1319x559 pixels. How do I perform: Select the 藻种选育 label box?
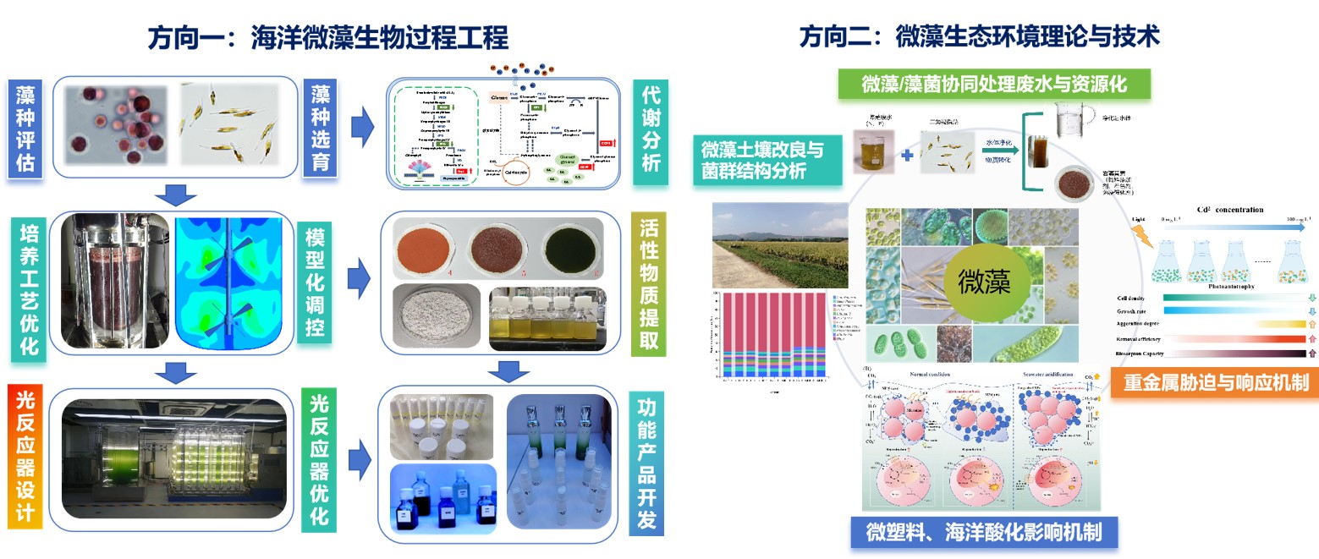tap(320, 127)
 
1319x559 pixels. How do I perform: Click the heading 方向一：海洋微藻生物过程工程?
tap(328, 38)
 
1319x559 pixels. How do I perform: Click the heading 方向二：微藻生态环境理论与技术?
tap(979, 36)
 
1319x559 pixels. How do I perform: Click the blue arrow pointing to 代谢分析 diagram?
tap(362, 126)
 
